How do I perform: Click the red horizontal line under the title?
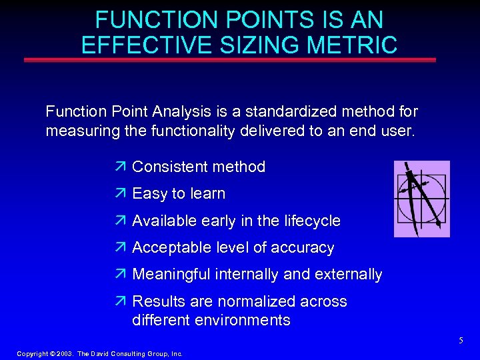pos(229,60)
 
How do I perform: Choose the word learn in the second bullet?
pos(208,194)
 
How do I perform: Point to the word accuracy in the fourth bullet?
pos(304,248)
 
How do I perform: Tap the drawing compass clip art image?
pos(421,199)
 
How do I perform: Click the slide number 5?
pos(460,341)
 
